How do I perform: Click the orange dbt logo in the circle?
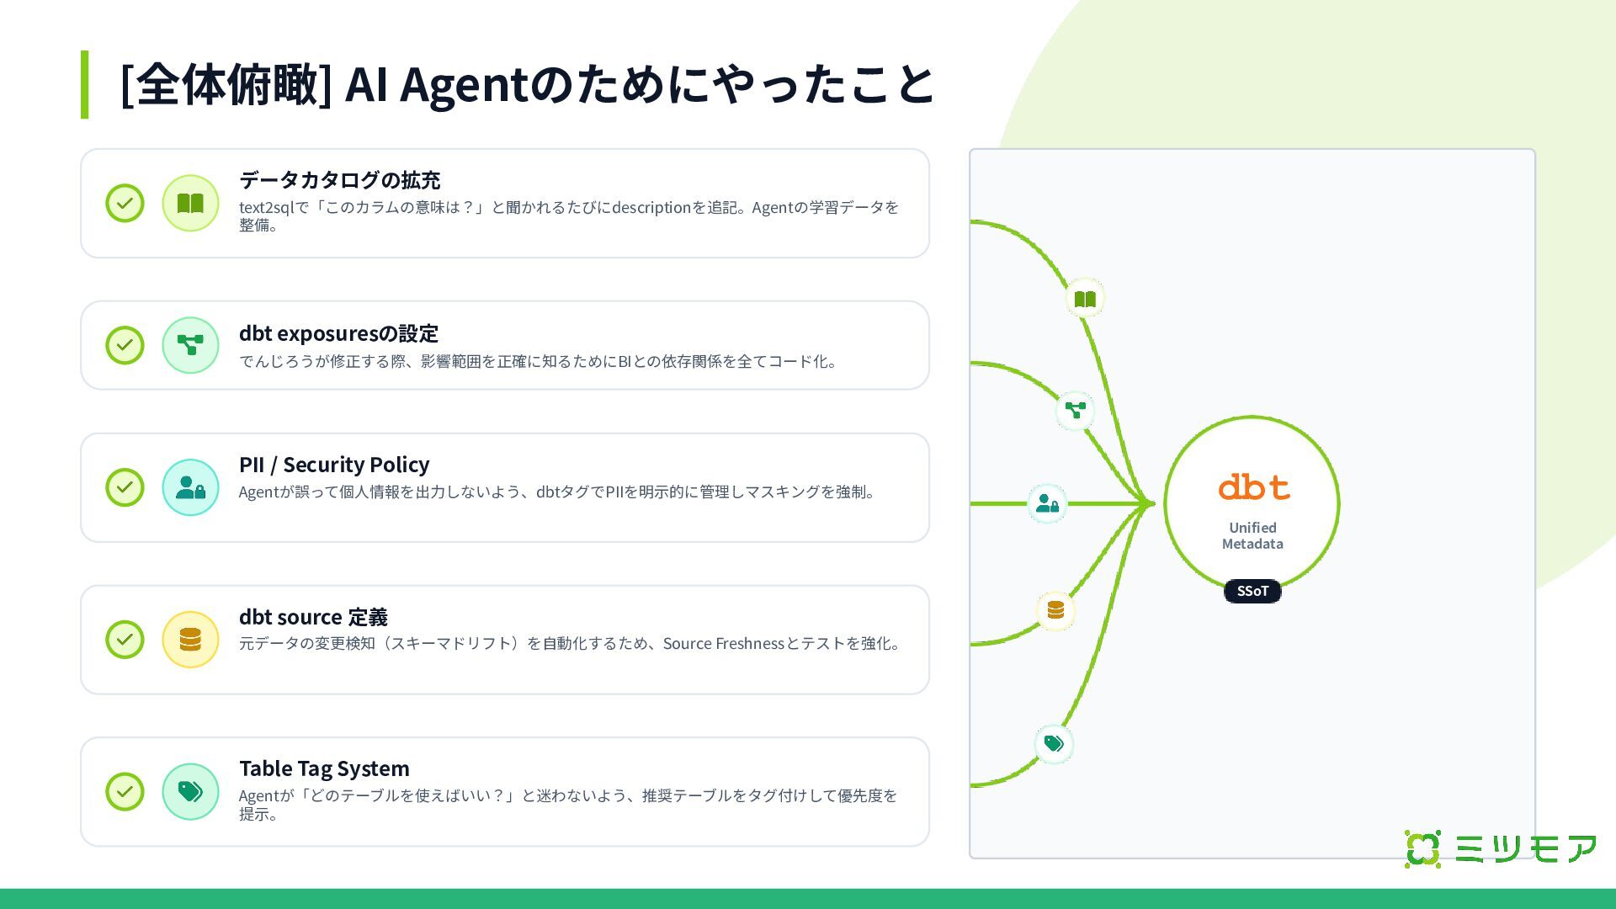pos(1253,487)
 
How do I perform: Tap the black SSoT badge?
pos(1252,591)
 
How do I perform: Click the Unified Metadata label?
pos(1252,535)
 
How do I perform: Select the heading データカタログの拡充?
pos(339,180)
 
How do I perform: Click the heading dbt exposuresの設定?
pos(338,333)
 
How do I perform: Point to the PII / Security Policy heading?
pos(333,465)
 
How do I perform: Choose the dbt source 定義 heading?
pos(313,617)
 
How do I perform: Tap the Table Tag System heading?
pos(324,768)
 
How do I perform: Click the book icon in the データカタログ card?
pos(190,203)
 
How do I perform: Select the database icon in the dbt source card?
pos(190,640)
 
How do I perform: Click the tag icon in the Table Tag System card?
pos(190,791)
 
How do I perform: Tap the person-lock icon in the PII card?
pos(190,487)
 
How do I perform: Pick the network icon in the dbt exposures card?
pos(190,345)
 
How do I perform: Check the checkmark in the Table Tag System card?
pos(125,791)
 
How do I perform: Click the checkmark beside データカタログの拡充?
pos(125,203)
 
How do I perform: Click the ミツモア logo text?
pos(1525,848)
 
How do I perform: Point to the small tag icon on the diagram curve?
pos(1054,743)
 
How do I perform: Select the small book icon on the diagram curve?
pos(1085,299)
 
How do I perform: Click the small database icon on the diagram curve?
pos(1055,610)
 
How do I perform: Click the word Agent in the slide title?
pos(463,85)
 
